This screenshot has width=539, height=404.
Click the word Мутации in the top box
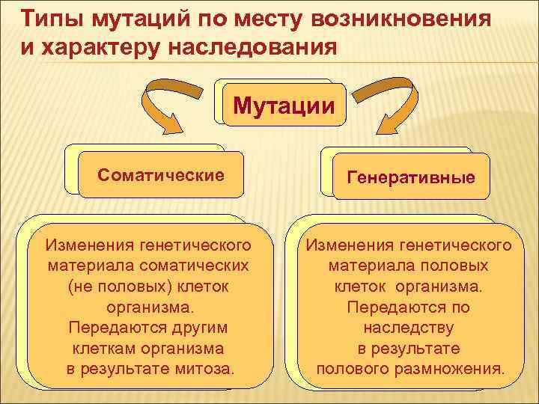tap(284, 105)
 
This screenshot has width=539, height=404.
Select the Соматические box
tap(160, 176)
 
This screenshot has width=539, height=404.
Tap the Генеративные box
tap(411, 177)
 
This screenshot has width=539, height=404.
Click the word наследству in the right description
tap(409, 328)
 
